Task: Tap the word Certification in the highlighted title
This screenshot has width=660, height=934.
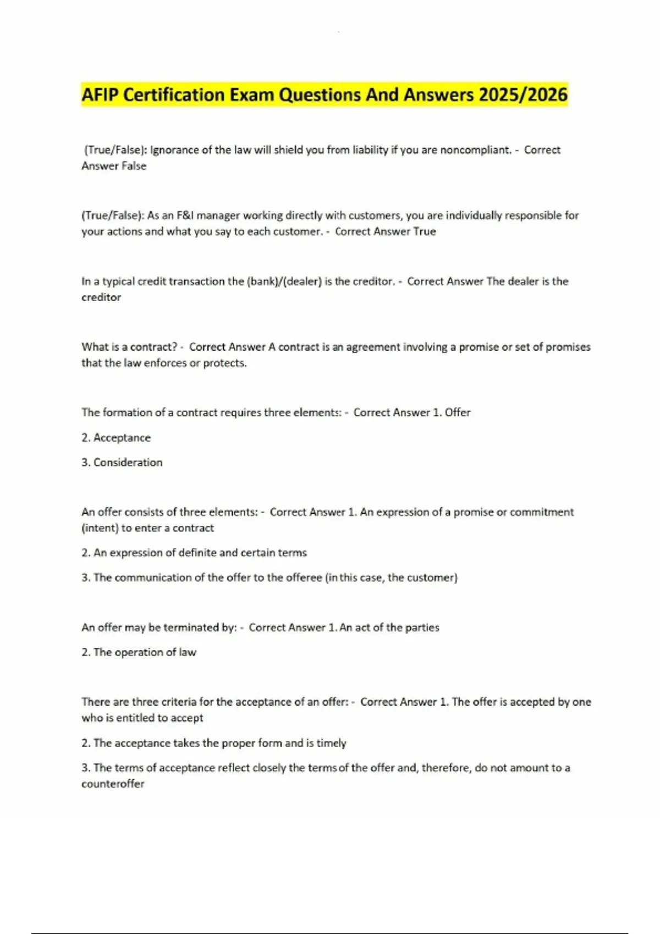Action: click(174, 95)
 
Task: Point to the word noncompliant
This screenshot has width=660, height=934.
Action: click(476, 150)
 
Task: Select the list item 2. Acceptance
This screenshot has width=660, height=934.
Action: click(116, 438)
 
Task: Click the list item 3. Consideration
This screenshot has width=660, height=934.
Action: click(122, 463)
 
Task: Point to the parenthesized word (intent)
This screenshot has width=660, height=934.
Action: click(100, 528)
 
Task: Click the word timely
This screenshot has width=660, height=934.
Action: click(331, 743)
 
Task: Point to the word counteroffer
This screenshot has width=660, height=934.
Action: click(113, 784)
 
